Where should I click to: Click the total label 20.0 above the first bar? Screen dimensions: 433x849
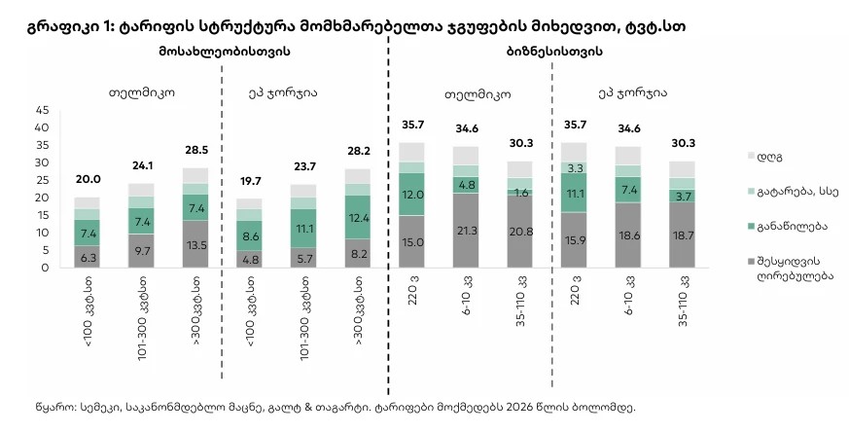[x=88, y=179]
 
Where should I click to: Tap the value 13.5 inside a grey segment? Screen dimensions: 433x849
[x=196, y=245]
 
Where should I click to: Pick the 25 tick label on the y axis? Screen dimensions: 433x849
[x=42, y=180]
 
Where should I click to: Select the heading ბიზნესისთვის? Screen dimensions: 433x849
[x=554, y=52]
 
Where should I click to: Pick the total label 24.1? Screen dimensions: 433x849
[x=142, y=164]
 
